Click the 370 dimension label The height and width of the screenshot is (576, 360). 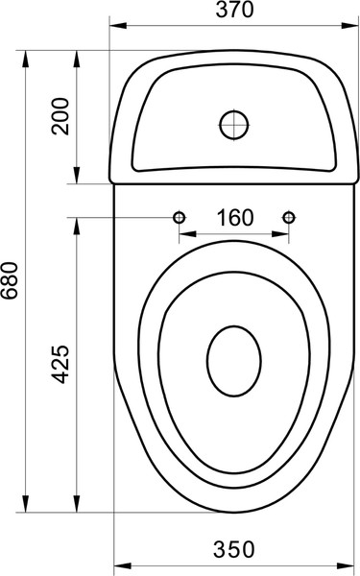[x=234, y=10]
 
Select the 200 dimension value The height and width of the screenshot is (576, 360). [x=60, y=116]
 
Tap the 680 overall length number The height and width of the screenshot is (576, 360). [x=10, y=280]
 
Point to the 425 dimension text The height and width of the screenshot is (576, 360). [x=60, y=364]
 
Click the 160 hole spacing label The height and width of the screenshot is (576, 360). [x=235, y=218]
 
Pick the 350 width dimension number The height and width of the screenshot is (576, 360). [x=234, y=549]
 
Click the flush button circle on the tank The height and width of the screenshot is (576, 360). [x=234, y=125]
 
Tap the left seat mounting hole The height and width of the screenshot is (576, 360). [x=179, y=218]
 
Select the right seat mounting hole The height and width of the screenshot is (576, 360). [x=289, y=218]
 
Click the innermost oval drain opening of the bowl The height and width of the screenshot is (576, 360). [x=234, y=362]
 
